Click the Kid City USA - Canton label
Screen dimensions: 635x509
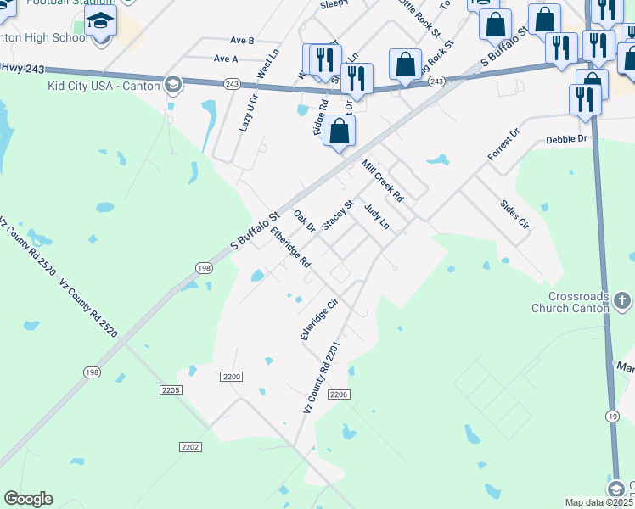(104, 86)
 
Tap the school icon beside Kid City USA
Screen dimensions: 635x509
(173, 85)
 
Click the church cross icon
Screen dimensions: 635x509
(621, 300)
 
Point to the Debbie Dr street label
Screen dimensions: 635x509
(566, 138)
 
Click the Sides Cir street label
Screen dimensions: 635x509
(514, 215)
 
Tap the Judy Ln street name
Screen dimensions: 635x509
(376, 215)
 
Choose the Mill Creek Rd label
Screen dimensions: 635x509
(382, 180)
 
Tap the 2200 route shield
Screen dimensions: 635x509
(231, 376)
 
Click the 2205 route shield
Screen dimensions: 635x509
(170, 389)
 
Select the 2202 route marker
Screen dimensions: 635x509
(190, 446)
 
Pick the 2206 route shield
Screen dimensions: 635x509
(339, 394)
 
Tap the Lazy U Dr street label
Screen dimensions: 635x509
(246, 111)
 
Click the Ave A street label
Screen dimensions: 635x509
(226, 59)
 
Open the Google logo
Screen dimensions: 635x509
(28, 499)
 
